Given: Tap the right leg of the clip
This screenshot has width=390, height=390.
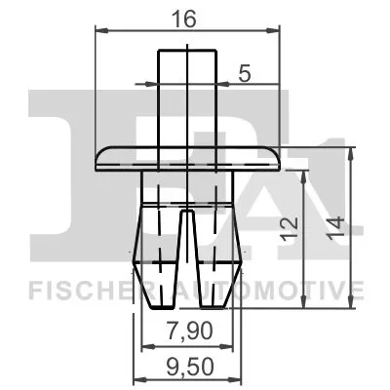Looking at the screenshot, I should tap(219, 244).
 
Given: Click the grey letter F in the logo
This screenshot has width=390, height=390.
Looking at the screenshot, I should tap(58, 166).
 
